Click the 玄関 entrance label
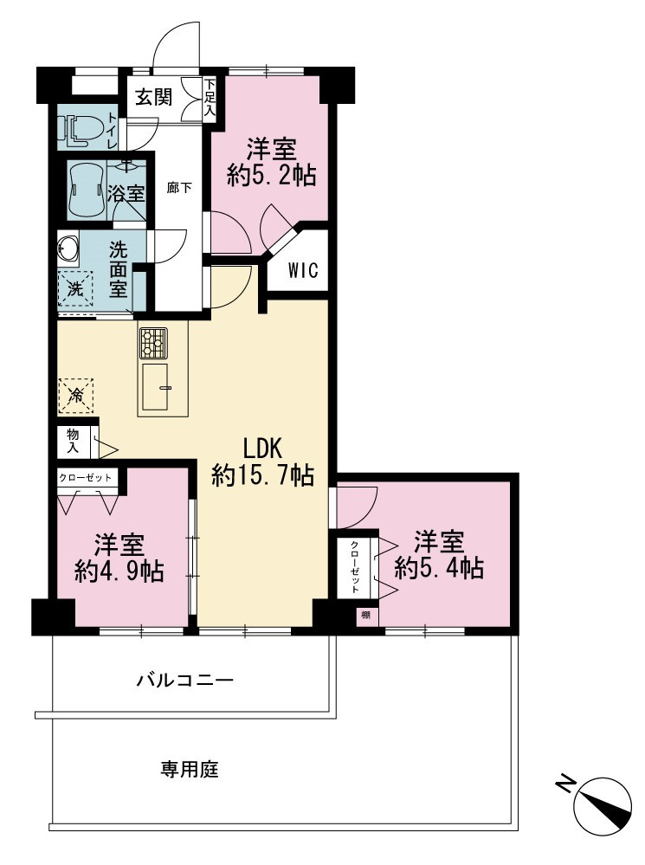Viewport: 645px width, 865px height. tap(154, 97)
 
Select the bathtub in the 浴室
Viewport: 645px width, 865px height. tap(86, 190)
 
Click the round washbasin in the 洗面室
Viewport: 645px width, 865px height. tap(68, 248)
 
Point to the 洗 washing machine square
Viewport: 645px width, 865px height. tap(75, 288)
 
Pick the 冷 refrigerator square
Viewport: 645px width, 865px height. tap(75, 395)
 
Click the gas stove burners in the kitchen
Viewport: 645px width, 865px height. tap(154, 344)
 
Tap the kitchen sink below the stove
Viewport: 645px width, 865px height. tap(157, 387)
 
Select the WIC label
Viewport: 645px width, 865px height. tap(302, 271)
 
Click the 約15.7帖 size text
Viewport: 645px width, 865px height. tap(262, 475)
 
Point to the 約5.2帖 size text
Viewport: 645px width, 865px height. tap(271, 176)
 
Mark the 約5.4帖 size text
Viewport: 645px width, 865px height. tap(439, 568)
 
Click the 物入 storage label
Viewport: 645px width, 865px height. tap(72, 442)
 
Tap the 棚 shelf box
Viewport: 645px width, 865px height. tap(366, 615)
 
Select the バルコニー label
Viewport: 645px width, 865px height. tap(184, 680)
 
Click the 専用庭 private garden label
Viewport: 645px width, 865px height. tap(190, 769)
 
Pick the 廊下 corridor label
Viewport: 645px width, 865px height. tap(180, 188)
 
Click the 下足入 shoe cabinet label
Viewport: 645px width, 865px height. tap(210, 97)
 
